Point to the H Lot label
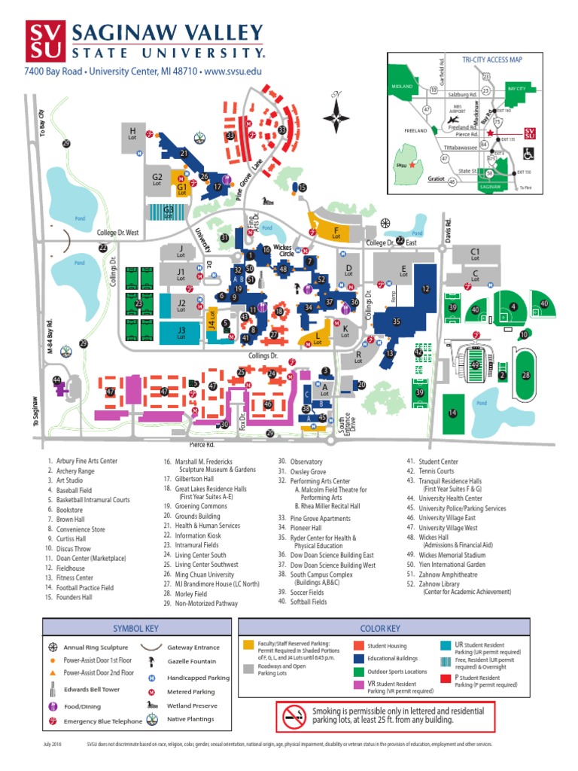point(133,134)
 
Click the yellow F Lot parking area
point(336,229)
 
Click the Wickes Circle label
point(282,249)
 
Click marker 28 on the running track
point(526,375)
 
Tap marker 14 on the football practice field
point(452,413)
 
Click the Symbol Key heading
point(136,628)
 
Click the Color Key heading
point(380,628)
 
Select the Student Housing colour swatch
point(358,645)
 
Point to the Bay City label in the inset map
point(515,89)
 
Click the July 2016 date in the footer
point(52,744)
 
